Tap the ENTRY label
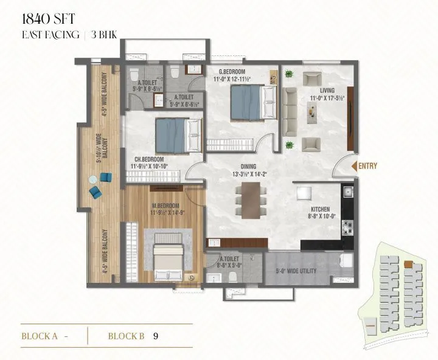369,165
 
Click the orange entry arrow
354,165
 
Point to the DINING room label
248,167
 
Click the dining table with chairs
250,201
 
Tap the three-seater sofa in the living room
288,111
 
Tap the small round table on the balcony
93,179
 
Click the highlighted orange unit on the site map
409,265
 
